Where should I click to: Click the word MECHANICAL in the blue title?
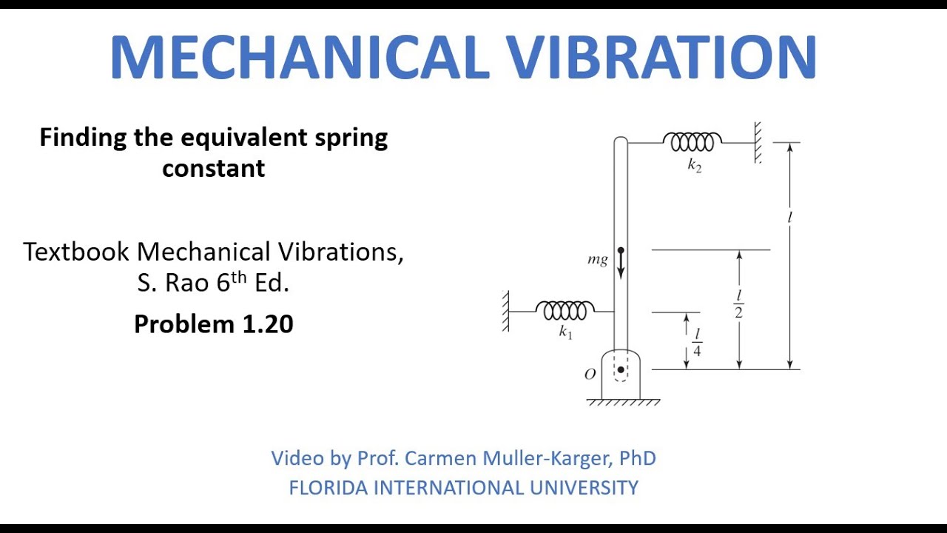[299, 57]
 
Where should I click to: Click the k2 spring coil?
[692, 141]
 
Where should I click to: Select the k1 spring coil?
[565, 311]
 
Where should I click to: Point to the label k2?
[694, 166]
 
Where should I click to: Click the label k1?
[565, 333]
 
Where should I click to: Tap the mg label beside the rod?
[597, 260]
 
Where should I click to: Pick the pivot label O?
[590, 375]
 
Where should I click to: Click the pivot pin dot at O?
[621, 369]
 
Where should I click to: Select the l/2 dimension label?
[738, 304]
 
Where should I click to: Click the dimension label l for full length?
[790, 218]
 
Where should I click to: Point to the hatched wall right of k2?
[758, 142]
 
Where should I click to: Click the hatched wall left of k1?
[506, 311]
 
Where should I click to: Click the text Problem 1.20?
[213, 324]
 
